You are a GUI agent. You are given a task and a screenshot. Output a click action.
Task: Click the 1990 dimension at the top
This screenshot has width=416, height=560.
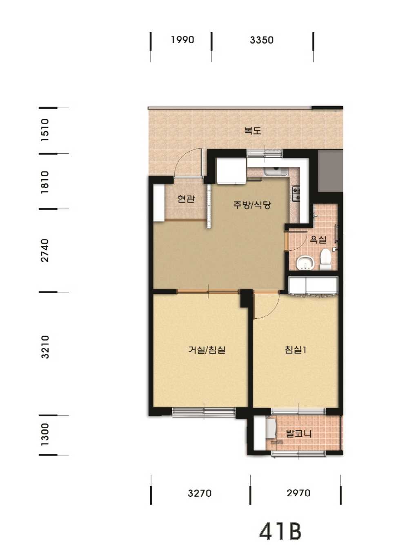click(x=182, y=40)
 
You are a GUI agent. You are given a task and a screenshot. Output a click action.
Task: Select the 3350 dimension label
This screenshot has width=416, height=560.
click(x=261, y=40)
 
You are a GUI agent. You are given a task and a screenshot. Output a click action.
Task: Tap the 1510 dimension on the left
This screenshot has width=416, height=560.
click(x=45, y=130)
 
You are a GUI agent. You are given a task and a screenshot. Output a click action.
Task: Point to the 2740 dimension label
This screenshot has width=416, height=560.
click(x=45, y=251)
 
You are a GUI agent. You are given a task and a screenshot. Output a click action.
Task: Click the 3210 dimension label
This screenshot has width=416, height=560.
click(x=45, y=347)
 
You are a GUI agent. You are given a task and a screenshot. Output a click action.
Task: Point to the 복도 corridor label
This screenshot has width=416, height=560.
click(x=252, y=131)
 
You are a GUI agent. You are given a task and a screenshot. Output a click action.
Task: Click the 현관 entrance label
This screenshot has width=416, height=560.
click(x=186, y=199)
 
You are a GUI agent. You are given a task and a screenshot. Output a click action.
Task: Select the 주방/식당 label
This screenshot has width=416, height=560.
click(x=252, y=205)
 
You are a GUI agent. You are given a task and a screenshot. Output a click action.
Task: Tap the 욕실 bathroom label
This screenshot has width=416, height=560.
click(x=318, y=239)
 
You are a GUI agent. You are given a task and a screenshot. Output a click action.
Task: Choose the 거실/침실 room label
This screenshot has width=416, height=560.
click(x=207, y=350)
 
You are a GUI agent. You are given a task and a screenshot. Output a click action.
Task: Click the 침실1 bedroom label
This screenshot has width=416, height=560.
click(x=296, y=350)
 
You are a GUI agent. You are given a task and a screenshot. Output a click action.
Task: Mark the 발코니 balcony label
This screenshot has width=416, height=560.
click(x=298, y=434)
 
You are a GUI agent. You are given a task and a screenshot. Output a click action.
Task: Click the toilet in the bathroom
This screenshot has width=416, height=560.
click(x=325, y=259)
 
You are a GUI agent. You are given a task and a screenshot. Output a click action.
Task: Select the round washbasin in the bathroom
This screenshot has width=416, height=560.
click(x=305, y=263)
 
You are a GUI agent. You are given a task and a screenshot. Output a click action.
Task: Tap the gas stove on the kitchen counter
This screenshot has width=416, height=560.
click(x=296, y=193)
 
